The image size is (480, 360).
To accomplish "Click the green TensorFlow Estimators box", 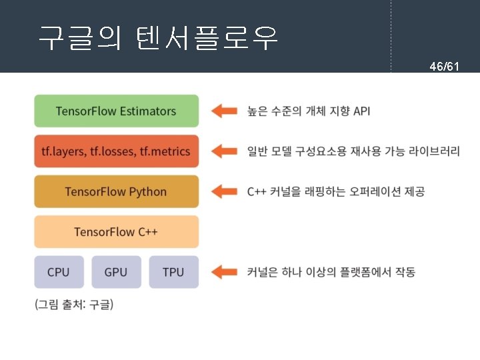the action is pos(116,111).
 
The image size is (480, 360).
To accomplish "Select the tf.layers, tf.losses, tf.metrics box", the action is pos(116,151).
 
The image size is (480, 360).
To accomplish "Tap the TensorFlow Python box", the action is pos(116,191).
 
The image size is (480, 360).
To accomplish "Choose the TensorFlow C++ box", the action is pos(116,232).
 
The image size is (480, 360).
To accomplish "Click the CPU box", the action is pos(59,272).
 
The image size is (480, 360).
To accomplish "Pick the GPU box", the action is pos(116,272).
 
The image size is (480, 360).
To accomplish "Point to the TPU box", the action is pos(173,272).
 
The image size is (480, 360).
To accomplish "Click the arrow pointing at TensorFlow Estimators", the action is pos(224,111).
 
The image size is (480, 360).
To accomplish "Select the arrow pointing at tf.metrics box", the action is pos(224,151).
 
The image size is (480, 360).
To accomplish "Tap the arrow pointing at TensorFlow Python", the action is pos(224,191).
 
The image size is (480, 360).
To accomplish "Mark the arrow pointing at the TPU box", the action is pos(224,272).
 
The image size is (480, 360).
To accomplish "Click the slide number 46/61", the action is pos(443,67).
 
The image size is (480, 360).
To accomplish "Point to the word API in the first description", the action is pos(361,111).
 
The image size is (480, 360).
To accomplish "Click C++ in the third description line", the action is pos(257,192).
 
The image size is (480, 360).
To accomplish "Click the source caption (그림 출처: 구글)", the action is pos(74,305).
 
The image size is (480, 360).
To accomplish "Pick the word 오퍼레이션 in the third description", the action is pos(365,192).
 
